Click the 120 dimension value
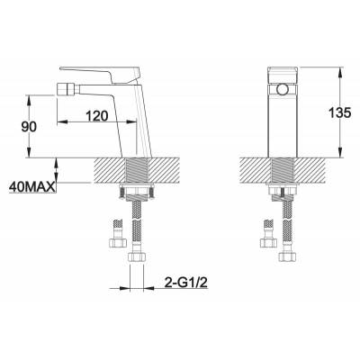(96, 115)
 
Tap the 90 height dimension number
(29, 127)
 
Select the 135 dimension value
(339, 112)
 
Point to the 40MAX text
(32, 187)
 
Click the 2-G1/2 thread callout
(186, 283)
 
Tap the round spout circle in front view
(282, 89)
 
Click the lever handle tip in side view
(61, 68)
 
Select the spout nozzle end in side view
(58, 88)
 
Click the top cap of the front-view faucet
(282, 75)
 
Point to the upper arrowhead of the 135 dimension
(340, 71)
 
